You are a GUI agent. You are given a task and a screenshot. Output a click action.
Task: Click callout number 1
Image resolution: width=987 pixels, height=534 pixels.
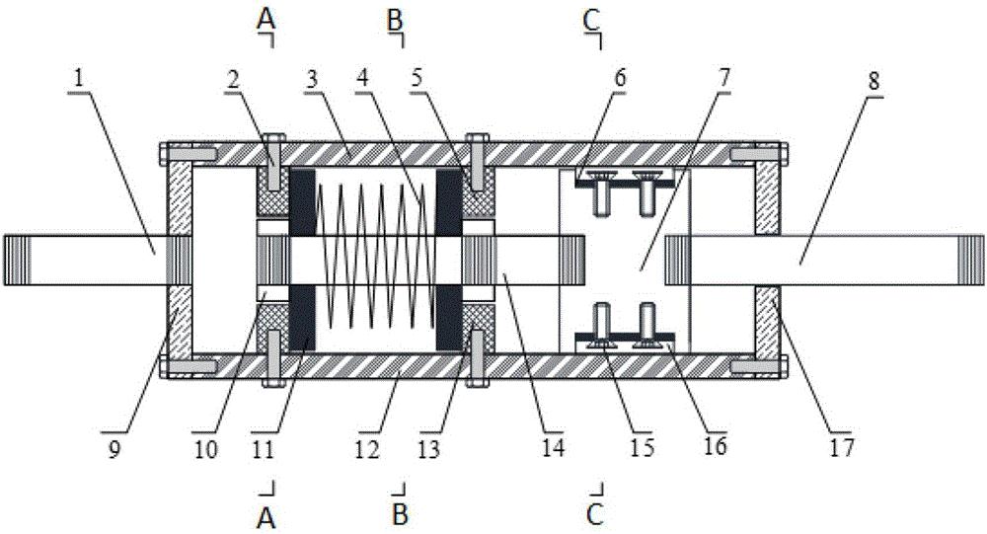point(78,79)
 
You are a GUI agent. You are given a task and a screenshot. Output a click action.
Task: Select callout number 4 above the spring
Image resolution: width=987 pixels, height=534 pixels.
point(362,80)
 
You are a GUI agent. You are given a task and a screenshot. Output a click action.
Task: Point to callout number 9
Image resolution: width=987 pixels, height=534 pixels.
point(114,449)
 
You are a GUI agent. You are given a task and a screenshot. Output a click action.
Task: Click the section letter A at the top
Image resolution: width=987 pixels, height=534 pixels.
point(266,20)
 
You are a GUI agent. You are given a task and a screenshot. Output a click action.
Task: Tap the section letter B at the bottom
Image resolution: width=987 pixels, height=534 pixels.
point(400,514)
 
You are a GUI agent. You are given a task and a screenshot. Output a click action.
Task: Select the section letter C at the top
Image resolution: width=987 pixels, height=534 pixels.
point(591,20)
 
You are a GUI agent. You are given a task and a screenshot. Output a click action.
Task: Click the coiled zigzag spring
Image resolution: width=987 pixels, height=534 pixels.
point(375,257)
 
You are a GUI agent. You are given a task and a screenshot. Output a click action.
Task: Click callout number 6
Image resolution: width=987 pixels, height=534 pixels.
point(620,79)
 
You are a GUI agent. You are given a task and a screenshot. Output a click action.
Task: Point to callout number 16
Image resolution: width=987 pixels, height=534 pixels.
point(715,446)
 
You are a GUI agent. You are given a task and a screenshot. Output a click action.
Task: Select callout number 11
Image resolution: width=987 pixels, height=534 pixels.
point(263,449)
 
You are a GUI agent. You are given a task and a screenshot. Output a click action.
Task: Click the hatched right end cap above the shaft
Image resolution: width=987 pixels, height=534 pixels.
point(767,197)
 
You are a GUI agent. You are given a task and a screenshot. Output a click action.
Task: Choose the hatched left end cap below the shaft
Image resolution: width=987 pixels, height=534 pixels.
point(180,320)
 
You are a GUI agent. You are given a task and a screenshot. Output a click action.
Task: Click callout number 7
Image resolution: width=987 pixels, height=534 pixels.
point(723,78)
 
